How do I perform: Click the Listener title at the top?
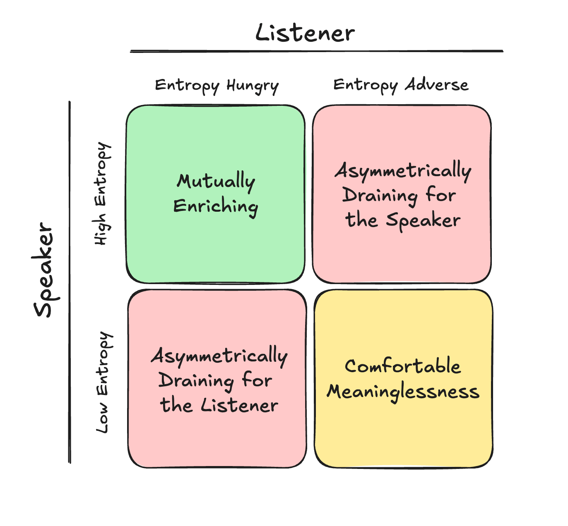(305, 33)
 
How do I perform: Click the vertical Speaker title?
(45, 270)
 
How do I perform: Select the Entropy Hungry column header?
(217, 86)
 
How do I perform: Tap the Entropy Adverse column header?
(401, 85)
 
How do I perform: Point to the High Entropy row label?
(102, 194)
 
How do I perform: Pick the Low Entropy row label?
(103, 382)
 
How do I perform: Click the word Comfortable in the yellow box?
(403, 366)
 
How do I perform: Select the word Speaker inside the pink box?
(423, 220)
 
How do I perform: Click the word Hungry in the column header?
(252, 86)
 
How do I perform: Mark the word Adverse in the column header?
(436, 85)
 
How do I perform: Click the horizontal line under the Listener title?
(317, 51)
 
